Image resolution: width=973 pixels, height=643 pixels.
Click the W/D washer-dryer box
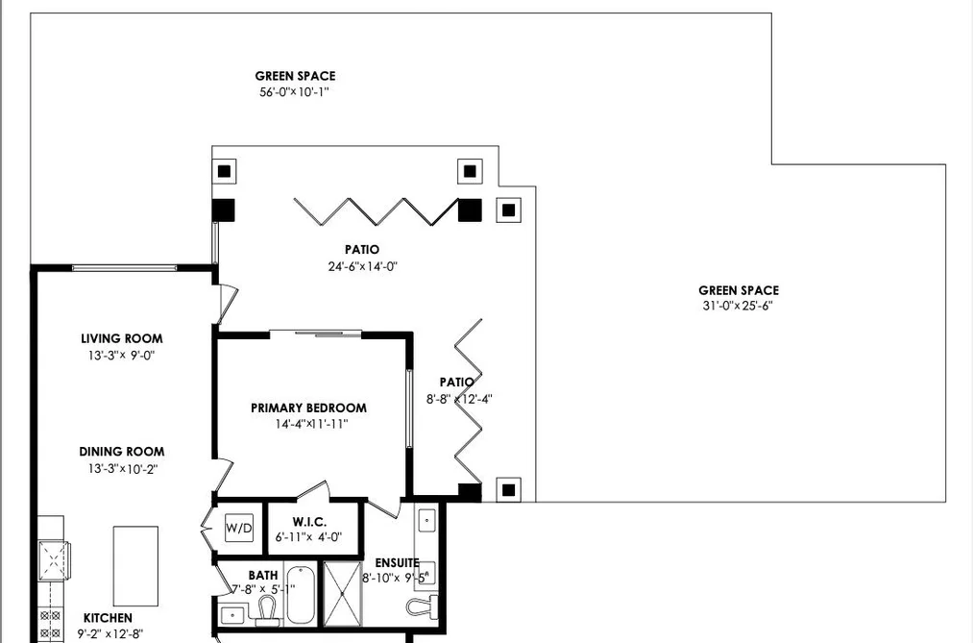tap(239, 529)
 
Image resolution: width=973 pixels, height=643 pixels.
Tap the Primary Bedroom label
tap(308, 408)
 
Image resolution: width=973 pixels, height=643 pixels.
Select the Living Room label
tap(122, 339)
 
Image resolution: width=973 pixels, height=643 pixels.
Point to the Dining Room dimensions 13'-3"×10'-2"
tap(122, 469)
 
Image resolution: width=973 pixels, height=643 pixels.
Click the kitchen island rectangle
tap(135, 566)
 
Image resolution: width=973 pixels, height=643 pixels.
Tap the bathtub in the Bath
tap(301, 594)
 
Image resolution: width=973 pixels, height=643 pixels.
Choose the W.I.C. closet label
tap(309, 522)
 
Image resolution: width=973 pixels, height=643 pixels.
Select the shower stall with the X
tap(343, 595)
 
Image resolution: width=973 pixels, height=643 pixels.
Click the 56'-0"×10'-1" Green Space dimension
tap(294, 92)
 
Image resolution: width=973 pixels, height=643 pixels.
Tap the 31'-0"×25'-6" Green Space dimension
tap(738, 306)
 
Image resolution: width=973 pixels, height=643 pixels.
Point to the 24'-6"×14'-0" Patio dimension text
tap(362, 267)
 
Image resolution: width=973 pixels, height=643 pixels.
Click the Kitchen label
tap(108, 618)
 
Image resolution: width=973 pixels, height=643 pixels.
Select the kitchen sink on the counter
tap(54, 560)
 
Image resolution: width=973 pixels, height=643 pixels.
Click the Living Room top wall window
tap(124, 268)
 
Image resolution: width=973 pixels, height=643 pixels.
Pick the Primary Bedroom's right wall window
tap(409, 408)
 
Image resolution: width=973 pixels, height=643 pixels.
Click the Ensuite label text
tap(397, 563)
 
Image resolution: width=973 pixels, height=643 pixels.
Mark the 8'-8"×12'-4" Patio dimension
tap(459, 400)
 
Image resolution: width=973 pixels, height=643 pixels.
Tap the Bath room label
tap(263, 576)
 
